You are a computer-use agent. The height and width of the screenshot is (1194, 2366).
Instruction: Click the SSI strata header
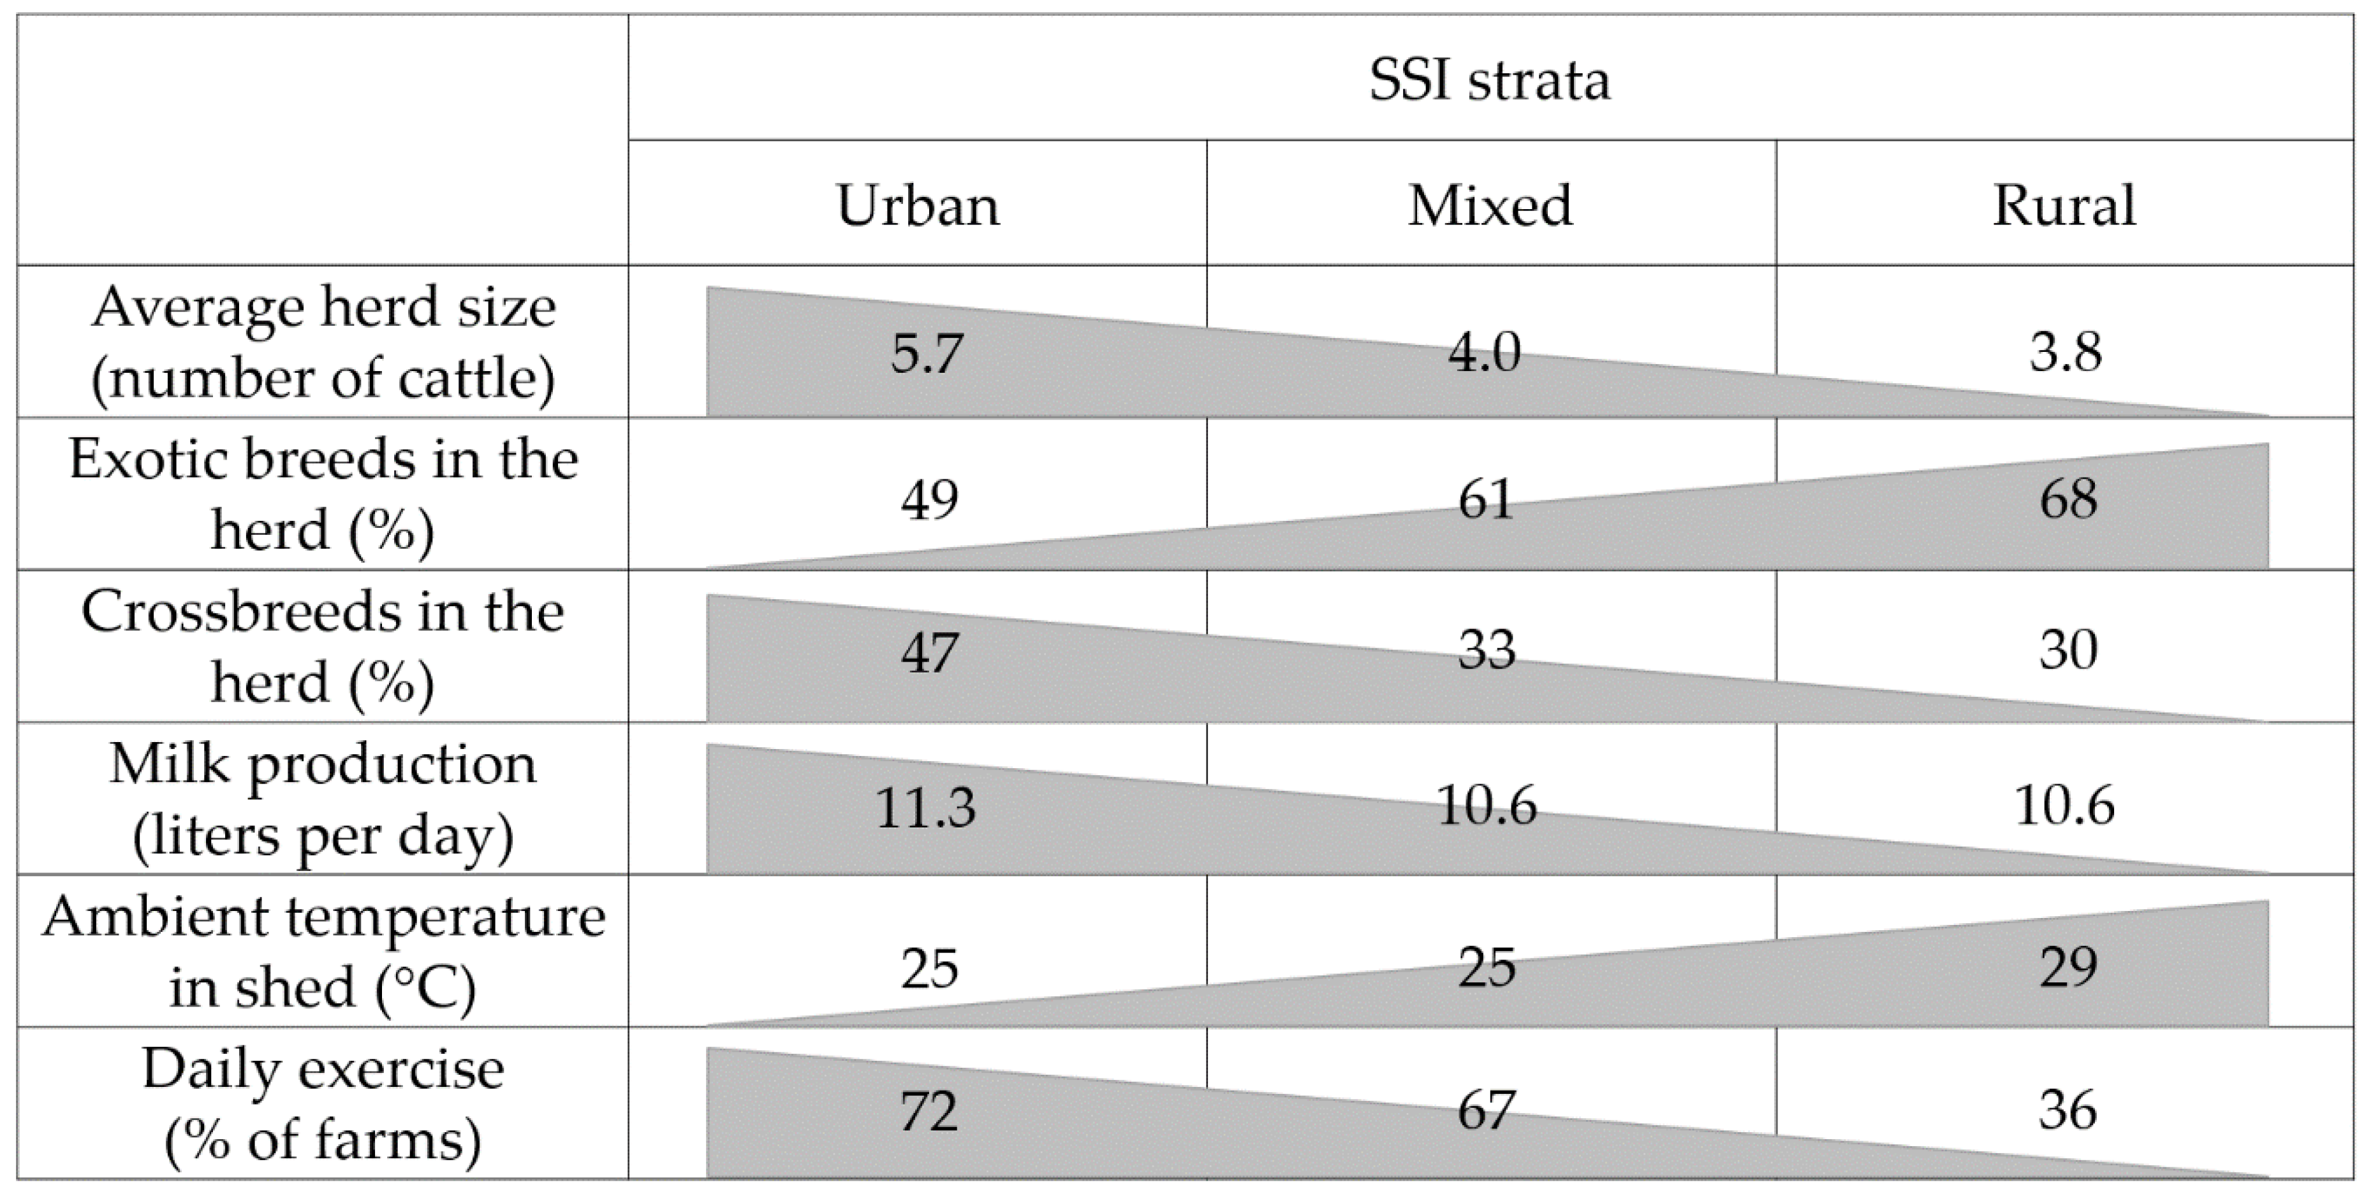click(1489, 80)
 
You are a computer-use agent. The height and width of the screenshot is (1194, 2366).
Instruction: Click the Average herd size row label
click(323, 342)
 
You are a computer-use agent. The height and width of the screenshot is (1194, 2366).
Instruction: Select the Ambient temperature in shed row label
click(323, 952)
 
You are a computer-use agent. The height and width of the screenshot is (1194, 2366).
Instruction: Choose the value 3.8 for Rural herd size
click(2066, 353)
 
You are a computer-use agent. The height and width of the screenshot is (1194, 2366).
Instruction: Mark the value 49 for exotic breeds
click(930, 500)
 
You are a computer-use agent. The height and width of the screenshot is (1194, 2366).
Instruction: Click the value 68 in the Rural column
click(2068, 500)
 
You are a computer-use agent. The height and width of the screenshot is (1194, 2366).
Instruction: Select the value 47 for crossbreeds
click(930, 652)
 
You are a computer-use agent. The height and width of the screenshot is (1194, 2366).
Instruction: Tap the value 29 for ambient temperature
click(2068, 967)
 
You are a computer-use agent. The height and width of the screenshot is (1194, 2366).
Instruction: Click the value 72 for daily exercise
click(930, 1111)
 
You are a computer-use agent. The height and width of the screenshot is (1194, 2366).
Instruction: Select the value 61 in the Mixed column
click(1486, 500)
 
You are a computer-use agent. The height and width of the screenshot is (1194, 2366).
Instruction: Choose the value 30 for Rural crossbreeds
click(2068, 650)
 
